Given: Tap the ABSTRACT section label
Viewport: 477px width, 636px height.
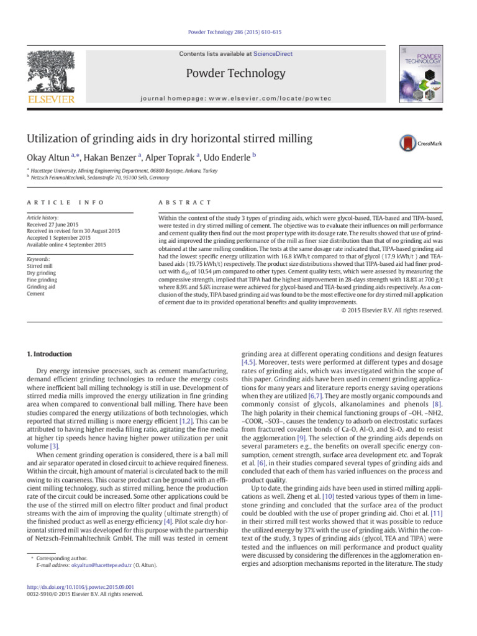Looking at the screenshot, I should click(x=186, y=203).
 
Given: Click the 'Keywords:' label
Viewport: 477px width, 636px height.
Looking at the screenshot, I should click(x=38, y=259).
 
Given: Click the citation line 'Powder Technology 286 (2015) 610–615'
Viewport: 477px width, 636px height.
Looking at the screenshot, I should click(x=238, y=32).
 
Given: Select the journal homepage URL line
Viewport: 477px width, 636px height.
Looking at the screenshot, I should click(x=238, y=98).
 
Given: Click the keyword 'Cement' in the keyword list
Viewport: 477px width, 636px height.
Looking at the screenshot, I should click(x=36, y=293).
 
